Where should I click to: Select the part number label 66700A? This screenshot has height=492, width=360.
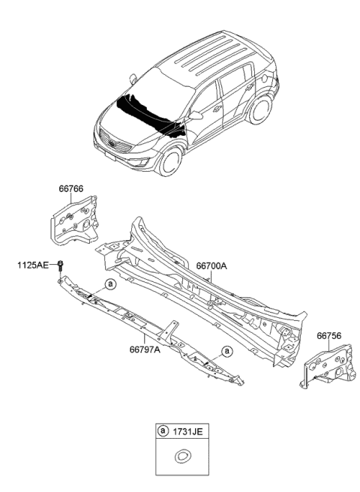pos(212,265)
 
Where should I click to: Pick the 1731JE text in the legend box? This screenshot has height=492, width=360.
pos(187,432)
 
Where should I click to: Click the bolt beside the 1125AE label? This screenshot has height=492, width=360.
pos(61,265)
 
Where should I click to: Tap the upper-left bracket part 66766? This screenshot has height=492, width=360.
pos(75,217)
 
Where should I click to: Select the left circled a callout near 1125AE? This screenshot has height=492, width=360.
pos(109,284)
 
